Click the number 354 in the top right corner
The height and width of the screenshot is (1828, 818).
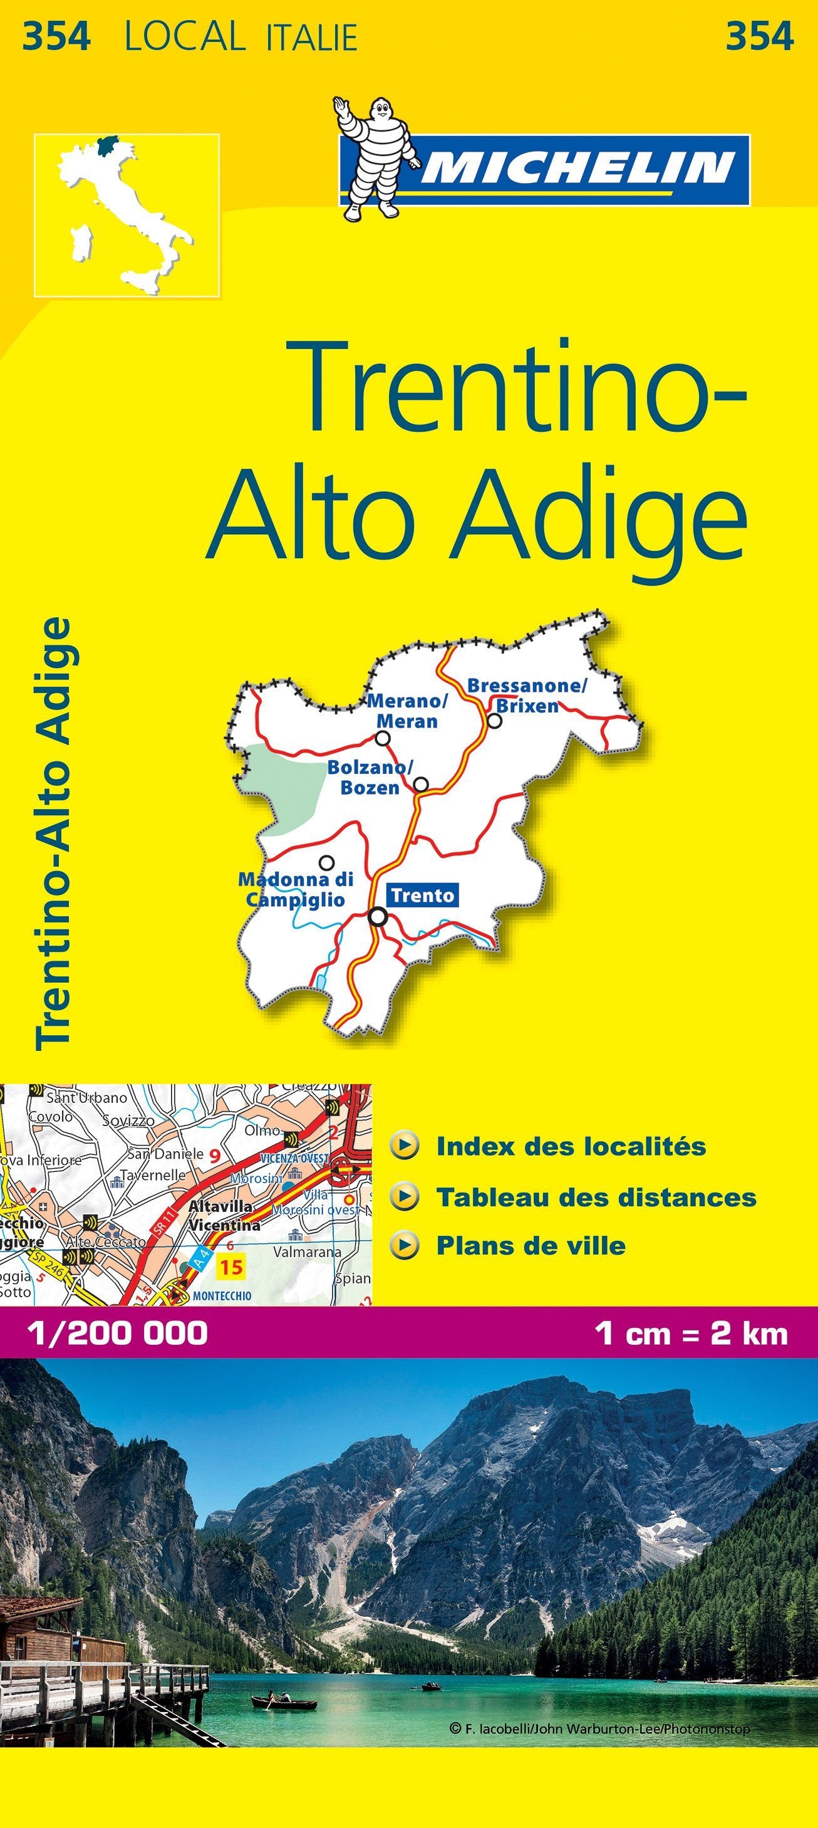click(x=758, y=36)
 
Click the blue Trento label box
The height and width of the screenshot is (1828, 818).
click(x=423, y=895)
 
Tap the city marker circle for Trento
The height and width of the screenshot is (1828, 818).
click(x=379, y=917)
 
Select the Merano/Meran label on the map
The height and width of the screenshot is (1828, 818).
click(x=407, y=711)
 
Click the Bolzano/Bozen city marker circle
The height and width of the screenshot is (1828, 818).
click(x=421, y=784)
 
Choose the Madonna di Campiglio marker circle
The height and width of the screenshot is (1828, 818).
click(x=326, y=862)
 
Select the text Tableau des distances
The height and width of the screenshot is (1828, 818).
click(x=596, y=1197)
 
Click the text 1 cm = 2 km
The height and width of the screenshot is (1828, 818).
click(x=691, y=1333)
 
